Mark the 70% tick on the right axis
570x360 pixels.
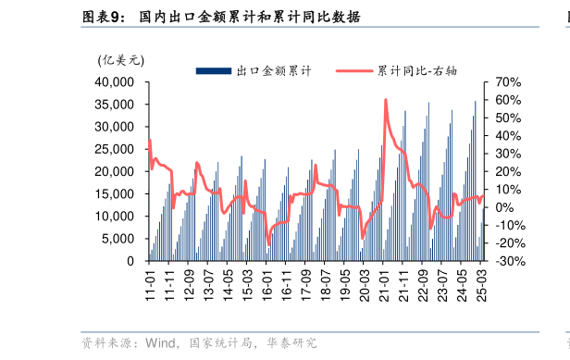pyautogui.click(x=510, y=82)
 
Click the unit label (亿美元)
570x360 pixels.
pyautogui.click(x=121, y=60)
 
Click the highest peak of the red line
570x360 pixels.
pyautogui.click(x=385, y=99)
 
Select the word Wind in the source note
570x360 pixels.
pyautogui.click(x=159, y=343)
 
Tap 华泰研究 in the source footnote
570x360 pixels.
pyautogui.click(x=293, y=343)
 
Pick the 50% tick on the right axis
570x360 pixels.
pyautogui.click(x=510, y=118)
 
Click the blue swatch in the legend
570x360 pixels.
pyautogui.click(x=213, y=70)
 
